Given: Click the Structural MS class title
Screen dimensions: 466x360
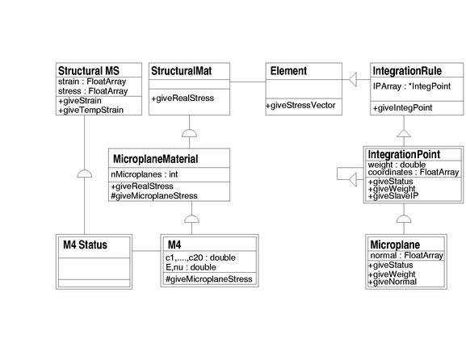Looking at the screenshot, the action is coord(89,71).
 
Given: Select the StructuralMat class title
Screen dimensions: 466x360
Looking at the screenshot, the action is coord(181,71).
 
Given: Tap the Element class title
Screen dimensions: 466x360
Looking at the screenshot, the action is coord(288,71).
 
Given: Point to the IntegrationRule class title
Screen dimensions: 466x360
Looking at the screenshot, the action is coord(407,71).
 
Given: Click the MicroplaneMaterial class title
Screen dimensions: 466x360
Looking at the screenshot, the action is coord(155,159).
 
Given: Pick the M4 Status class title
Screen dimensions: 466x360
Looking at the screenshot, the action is coord(85,245).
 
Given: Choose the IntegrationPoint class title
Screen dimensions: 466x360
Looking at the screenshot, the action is coord(404,154).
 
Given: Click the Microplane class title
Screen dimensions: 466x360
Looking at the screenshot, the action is coord(395,245).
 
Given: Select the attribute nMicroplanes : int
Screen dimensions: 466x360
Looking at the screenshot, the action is coord(144,174).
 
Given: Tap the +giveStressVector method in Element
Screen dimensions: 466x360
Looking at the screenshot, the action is coord(300,105).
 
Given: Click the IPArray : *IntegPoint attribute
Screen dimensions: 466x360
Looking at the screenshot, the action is coord(412,86).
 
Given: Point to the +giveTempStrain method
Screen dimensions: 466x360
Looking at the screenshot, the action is coord(90,111).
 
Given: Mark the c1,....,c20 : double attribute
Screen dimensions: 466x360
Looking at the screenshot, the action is coord(200,257).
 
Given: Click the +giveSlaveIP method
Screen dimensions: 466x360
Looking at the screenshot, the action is coord(393,196).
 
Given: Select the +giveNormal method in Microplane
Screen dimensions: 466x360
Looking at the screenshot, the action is coord(393,282).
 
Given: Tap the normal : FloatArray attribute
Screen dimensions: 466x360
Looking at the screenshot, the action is coord(406,255).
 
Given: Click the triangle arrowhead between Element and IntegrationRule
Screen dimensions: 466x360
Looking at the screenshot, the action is coord(352,79).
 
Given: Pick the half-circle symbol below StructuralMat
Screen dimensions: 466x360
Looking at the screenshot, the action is coord(189,133).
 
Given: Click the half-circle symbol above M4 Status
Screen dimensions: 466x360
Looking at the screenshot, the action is coord(85,174).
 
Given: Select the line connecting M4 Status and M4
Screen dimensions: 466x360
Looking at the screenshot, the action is coord(146,251).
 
